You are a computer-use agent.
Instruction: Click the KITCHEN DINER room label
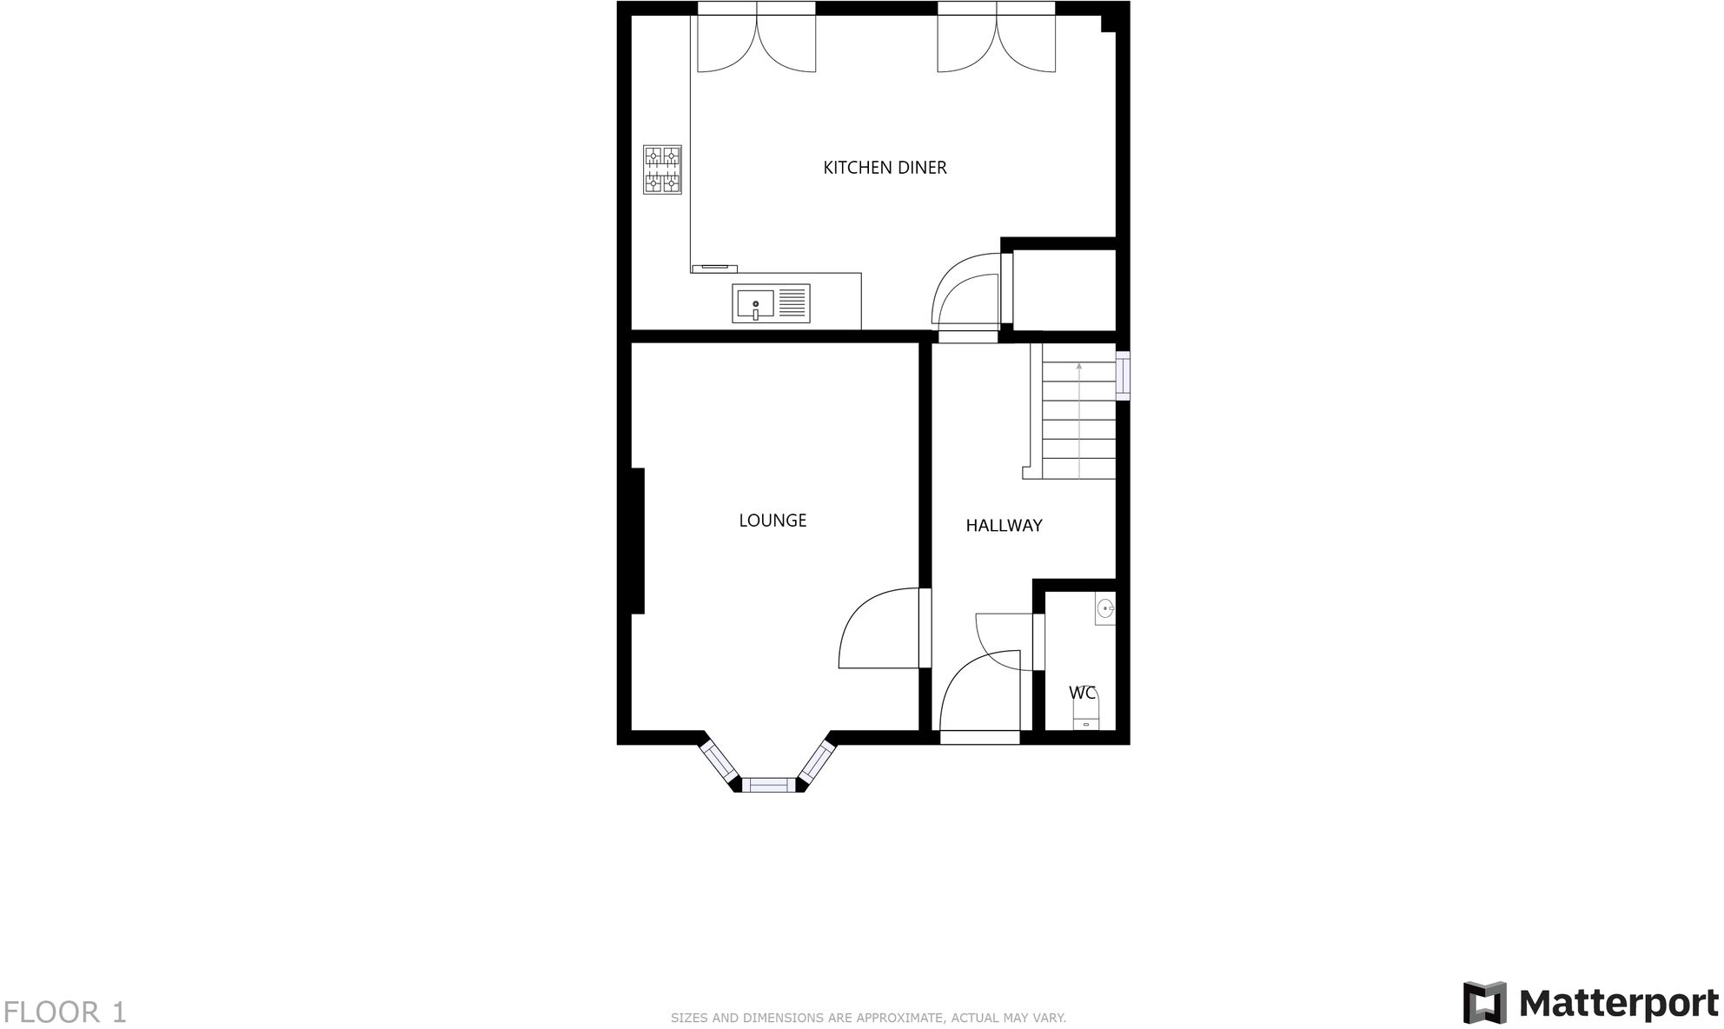pos(885,168)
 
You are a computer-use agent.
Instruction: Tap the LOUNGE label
pos(772,521)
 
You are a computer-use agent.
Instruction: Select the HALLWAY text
pos(1004,526)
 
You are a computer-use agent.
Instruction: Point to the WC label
pos(1081,693)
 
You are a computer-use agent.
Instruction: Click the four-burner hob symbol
pos(662,169)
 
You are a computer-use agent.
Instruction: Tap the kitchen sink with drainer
pos(771,303)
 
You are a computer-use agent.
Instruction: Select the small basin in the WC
pos(1104,608)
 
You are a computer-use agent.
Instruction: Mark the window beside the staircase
pos(1123,375)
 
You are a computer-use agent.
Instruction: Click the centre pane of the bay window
pos(768,786)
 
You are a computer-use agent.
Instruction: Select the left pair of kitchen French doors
pos(756,39)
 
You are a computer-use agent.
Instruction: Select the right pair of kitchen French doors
pos(997,39)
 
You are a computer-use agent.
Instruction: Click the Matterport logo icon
pos(1484,1003)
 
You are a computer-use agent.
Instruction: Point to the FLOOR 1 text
pos(65,1012)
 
